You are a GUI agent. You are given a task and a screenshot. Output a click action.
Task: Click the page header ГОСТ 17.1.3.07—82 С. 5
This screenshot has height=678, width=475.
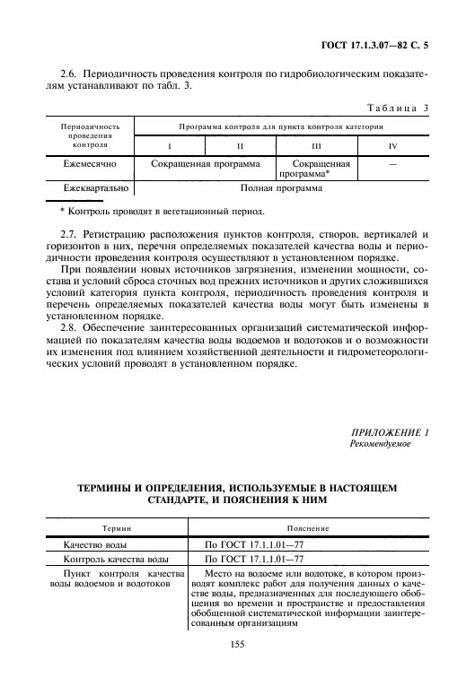click(385, 43)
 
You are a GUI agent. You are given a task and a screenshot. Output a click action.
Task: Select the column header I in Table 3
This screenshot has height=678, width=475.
click(169, 144)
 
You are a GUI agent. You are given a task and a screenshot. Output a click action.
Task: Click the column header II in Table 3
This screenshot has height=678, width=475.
click(238, 144)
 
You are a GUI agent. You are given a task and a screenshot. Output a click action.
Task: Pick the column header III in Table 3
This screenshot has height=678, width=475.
click(316, 144)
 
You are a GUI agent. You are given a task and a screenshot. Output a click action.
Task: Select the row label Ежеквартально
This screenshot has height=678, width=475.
click(92, 189)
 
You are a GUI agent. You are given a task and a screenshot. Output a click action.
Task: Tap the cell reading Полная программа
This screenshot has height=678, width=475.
click(281, 189)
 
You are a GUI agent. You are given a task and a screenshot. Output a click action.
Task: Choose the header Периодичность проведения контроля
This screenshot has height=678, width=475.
click(85, 135)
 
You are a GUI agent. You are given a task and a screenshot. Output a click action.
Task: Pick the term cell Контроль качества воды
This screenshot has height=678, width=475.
click(115, 558)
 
